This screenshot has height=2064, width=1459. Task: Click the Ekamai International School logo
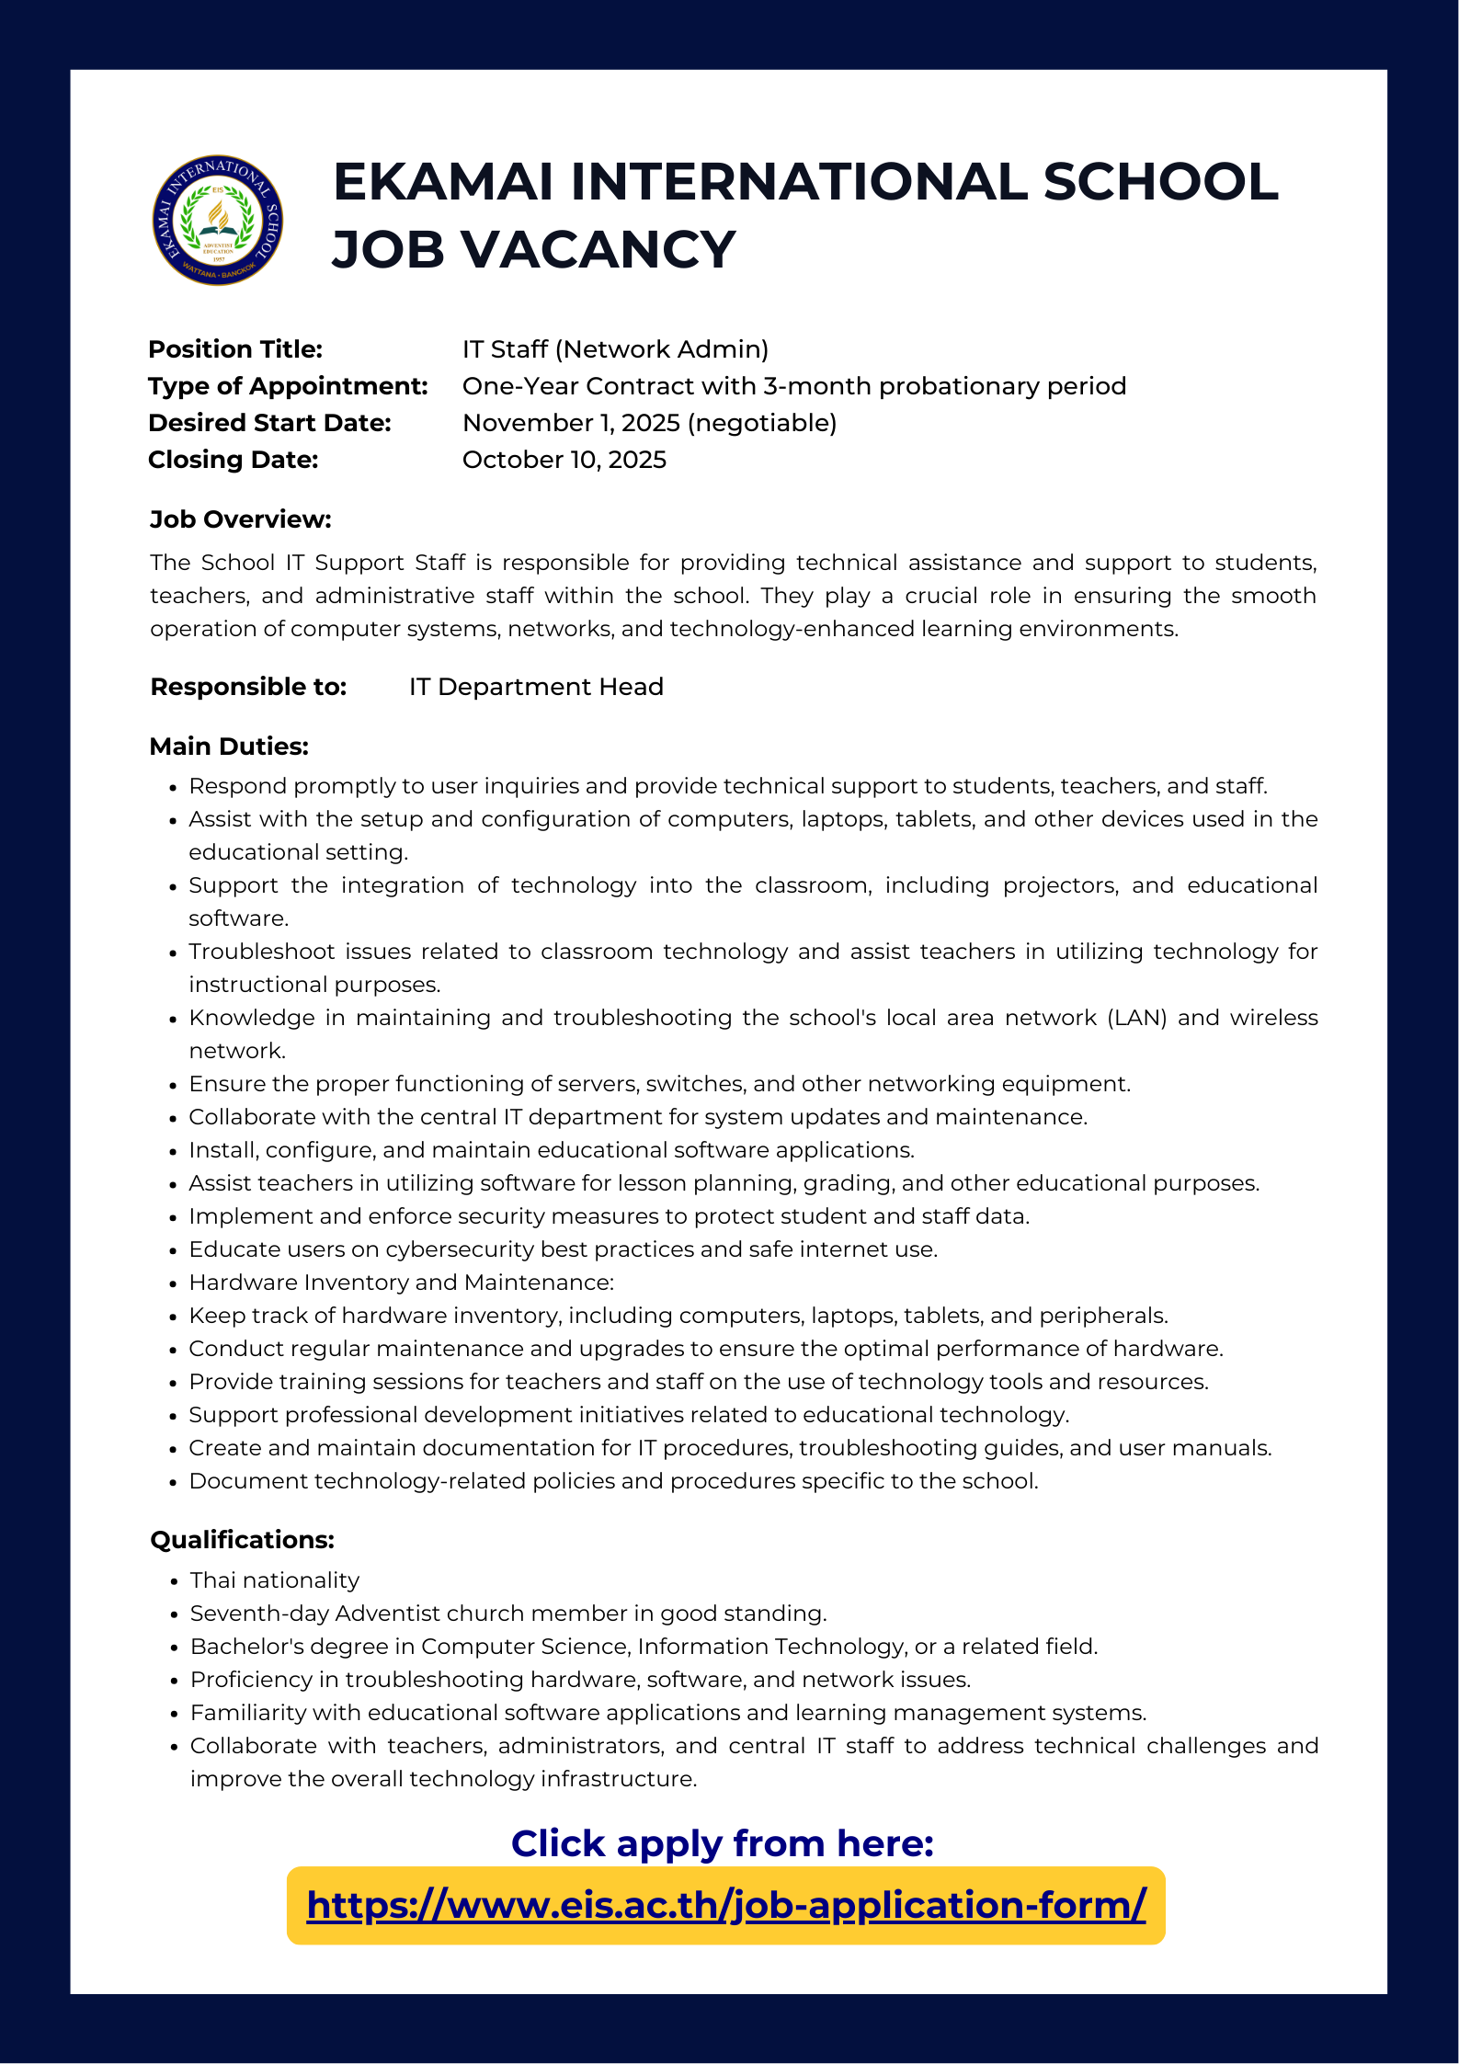tap(218, 220)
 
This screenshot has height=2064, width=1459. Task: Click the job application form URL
tap(726, 1904)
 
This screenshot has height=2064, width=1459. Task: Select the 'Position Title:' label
tap(235, 349)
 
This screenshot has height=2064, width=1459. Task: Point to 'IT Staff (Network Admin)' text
tap(615, 349)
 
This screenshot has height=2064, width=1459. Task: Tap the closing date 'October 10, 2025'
tap(564, 460)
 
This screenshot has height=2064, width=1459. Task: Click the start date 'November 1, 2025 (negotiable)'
tap(649, 423)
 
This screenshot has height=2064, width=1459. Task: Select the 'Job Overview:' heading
tap(240, 519)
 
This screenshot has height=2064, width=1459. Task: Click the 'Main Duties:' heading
tap(229, 746)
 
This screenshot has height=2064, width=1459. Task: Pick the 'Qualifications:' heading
tap(242, 1540)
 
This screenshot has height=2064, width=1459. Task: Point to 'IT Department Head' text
tap(536, 687)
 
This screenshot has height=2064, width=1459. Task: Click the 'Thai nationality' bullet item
tap(274, 1580)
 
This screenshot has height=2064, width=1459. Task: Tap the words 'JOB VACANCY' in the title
tap(534, 249)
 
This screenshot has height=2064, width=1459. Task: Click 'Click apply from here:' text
tap(722, 1843)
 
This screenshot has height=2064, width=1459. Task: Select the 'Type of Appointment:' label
tap(288, 386)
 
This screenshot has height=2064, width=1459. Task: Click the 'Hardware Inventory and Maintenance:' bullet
tap(401, 1283)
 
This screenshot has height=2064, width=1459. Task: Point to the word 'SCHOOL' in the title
tap(1160, 181)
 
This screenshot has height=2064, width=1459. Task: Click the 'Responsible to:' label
tap(248, 687)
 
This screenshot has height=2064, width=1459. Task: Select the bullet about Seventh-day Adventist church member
tap(507, 1614)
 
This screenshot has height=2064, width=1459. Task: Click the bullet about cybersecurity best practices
tap(563, 1249)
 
